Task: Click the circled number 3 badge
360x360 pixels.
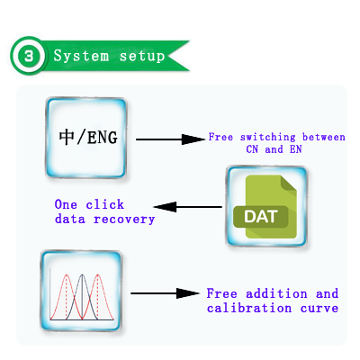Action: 29,56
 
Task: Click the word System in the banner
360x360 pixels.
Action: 81,56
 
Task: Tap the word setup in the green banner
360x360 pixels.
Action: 142,57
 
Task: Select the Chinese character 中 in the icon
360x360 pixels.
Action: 67,138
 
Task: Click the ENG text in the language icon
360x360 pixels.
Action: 103,138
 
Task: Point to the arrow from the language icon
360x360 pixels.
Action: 170,139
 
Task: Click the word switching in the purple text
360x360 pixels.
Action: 268,137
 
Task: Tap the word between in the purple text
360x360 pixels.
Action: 324,137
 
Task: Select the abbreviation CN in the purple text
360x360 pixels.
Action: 252,149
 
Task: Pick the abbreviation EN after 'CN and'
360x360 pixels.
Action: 295,149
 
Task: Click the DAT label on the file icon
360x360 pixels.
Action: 260,217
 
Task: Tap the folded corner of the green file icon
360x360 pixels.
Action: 288,183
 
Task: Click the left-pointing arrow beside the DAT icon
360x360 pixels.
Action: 188,207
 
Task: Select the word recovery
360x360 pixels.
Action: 124,220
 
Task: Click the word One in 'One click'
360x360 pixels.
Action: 66,204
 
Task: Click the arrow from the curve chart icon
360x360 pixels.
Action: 165,293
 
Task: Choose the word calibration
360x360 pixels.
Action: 249,308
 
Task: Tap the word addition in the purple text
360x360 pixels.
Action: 276,293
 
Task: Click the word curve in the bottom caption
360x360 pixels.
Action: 319,309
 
